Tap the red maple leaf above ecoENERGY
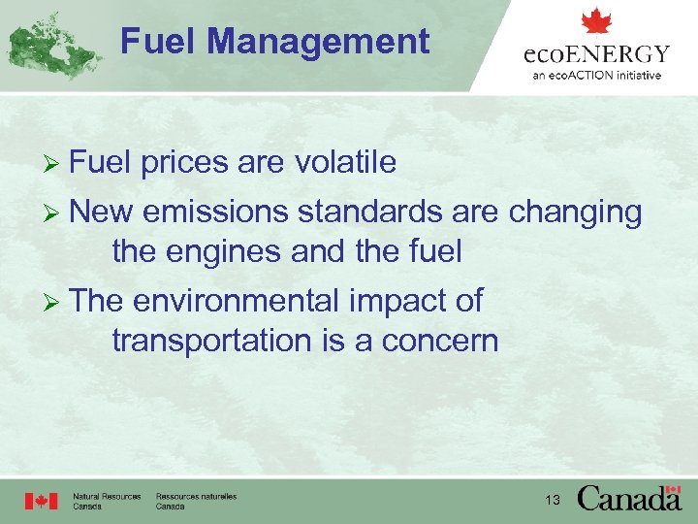596,21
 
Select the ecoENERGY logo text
596,53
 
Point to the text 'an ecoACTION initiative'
596,75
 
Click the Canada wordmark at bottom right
629,498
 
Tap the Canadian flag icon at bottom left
42,501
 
